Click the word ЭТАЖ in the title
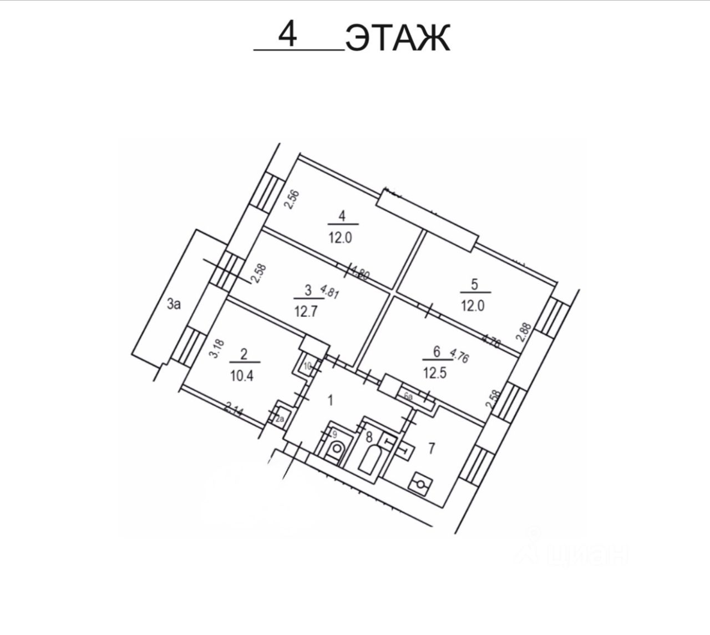click(397, 38)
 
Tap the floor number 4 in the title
click(288, 36)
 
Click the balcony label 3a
click(175, 304)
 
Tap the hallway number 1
click(331, 400)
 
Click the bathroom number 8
click(367, 435)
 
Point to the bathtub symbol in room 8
click(370, 460)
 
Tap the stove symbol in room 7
click(419, 485)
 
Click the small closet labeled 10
click(307, 366)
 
